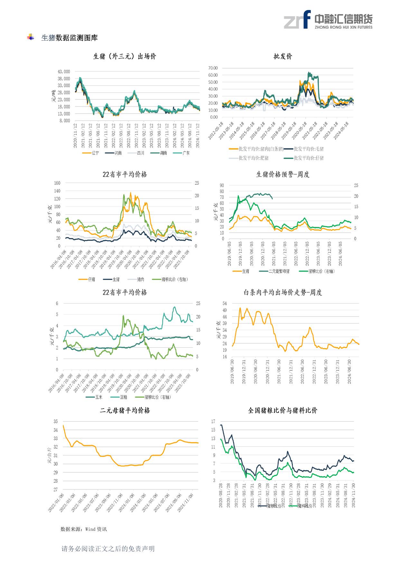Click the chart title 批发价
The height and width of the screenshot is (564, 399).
283,57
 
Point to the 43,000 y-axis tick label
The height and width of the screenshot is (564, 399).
64,71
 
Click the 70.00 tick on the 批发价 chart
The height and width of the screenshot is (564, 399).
213,68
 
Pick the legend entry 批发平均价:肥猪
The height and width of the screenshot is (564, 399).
254,158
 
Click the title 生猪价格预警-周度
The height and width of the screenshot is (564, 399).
283,175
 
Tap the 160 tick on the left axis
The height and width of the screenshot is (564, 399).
57,183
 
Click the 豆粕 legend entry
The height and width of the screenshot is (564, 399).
123,397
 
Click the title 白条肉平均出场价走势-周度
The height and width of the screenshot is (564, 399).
283,293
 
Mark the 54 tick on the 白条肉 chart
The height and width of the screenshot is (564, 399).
225,303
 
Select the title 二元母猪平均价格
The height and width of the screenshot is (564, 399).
125,411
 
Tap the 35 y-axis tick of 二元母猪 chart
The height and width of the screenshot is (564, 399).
56,421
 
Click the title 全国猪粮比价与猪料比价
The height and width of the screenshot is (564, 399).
283,411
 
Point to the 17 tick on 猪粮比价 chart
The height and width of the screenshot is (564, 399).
213,421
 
